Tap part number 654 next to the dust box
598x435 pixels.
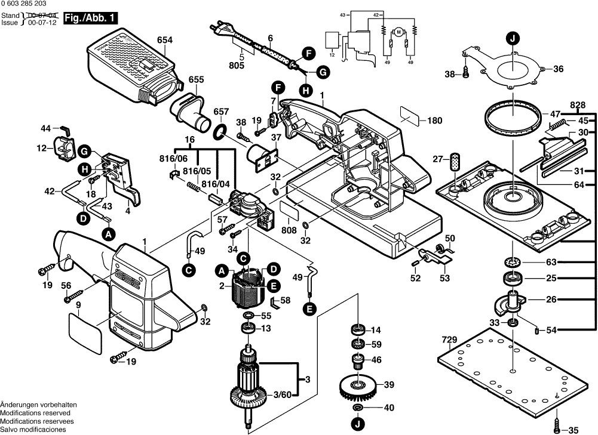pyautogui.click(x=165, y=41)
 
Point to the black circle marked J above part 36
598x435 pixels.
pyautogui.click(x=511, y=39)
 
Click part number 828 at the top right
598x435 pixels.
pyautogui.click(x=578, y=105)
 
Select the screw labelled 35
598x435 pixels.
pyautogui.click(x=559, y=428)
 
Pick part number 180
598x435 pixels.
pyautogui.click(x=434, y=121)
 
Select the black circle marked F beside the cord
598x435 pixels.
pyautogui.click(x=308, y=53)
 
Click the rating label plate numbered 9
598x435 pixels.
pyautogui.click(x=85, y=332)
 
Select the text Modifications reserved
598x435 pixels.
pyautogui.click(x=35, y=413)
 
